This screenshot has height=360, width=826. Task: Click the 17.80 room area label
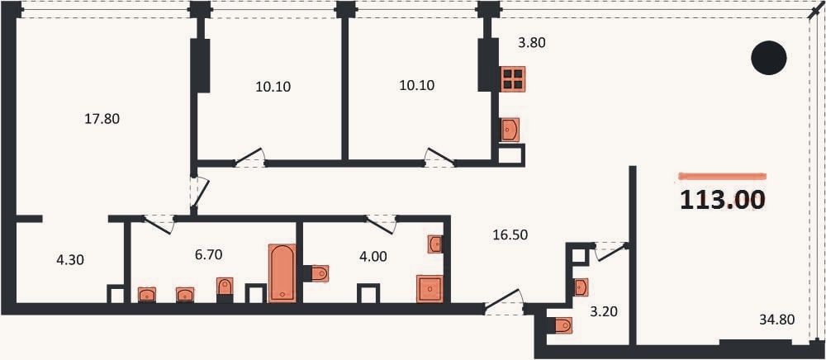(102, 120)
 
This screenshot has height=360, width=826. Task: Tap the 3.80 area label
(531, 43)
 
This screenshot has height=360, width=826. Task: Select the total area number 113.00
(723, 200)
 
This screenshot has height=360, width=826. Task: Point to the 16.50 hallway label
(510, 234)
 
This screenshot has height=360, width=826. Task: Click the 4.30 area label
(69, 259)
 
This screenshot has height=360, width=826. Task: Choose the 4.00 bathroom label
(373, 257)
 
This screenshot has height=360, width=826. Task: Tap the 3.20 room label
(604, 312)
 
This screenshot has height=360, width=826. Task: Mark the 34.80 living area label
(777, 319)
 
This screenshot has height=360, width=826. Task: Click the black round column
(768, 57)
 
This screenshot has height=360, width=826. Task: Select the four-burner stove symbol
(513, 79)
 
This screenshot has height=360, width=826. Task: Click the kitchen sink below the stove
(510, 130)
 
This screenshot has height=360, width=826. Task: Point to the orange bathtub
(282, 273)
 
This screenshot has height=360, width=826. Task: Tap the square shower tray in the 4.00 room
(430, 288)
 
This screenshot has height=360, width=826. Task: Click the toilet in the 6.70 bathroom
(225, 287)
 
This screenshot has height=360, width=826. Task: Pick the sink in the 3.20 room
(581, 287)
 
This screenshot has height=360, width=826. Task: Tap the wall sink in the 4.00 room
(434, 244)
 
